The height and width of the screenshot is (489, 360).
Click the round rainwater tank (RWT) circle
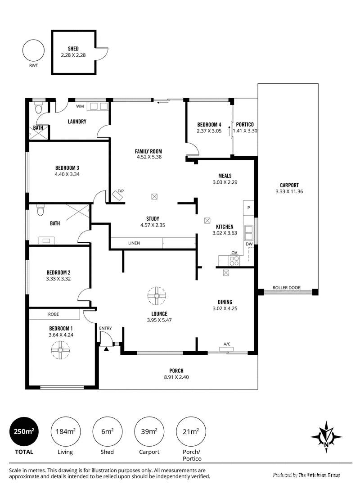(x=33, y=50)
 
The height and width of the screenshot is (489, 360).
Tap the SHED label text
(x=73, y=49)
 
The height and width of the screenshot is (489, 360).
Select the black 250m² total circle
(x=24, y=432)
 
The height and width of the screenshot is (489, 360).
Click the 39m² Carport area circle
(x=149, y=432)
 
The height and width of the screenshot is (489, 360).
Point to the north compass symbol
(x=326, y=437)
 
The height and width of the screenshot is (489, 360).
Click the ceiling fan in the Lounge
(x=157, y=296)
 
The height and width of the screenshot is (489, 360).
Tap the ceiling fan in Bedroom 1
(x=60, y=350)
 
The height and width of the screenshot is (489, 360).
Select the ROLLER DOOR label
(x=287, y=288)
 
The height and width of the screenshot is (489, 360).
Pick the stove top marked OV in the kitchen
(x=234, y=260)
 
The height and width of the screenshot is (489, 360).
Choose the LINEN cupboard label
(x=134, y=243)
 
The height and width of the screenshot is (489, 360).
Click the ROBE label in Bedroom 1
(x=54, y=314)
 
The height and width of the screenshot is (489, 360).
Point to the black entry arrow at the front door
(x=106, y=349)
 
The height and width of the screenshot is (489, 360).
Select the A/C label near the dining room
(x=227, y=344)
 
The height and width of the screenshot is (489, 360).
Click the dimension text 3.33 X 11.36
(x=289, y=191)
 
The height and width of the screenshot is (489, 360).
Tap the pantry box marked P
(x=248, y=208)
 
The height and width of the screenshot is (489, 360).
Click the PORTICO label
(x=245, y=124)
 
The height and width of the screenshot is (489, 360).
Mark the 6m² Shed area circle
(x=107, y=432)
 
